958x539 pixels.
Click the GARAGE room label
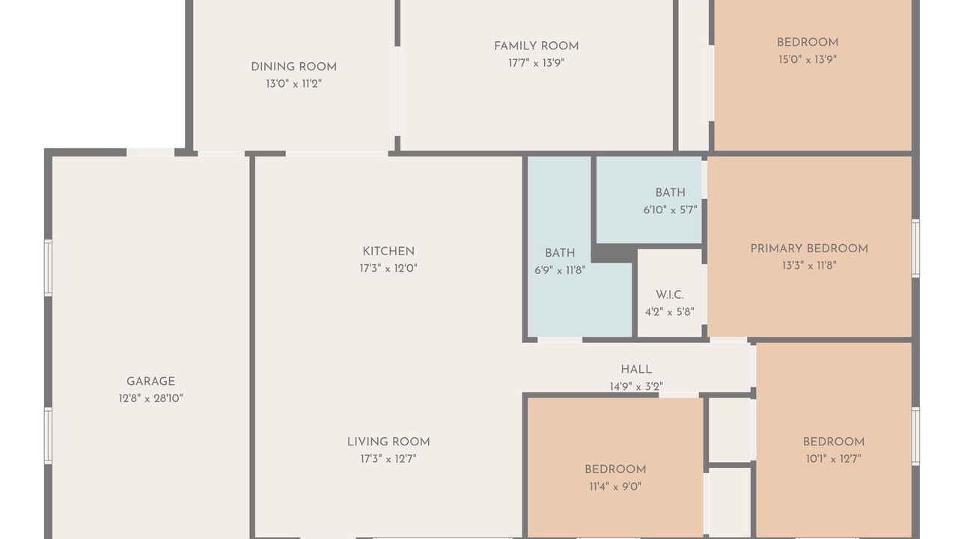point(150,382)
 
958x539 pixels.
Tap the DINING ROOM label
point(294,67)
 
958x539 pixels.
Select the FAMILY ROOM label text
point(537,46)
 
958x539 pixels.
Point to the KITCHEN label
point(388,252)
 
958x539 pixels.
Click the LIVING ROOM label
point(388,442)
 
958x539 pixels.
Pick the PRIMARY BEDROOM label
point(809,249)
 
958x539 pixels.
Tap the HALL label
point(636,370)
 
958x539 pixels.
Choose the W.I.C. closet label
point(670,295)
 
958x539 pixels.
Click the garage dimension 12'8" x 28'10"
point(150,399)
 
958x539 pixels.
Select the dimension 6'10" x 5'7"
point(670,210)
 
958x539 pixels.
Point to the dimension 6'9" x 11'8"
point(560,270)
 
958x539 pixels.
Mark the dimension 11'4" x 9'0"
point(615,487)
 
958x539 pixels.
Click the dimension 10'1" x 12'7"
point(834,459)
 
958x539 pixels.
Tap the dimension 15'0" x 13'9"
point(808,59)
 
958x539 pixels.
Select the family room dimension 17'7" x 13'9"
point(537,64)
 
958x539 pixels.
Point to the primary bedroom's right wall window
point(915,248)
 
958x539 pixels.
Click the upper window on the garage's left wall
point(49,268)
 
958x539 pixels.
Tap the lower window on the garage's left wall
point(49,436)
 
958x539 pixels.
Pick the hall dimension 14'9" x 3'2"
point(636,387)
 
